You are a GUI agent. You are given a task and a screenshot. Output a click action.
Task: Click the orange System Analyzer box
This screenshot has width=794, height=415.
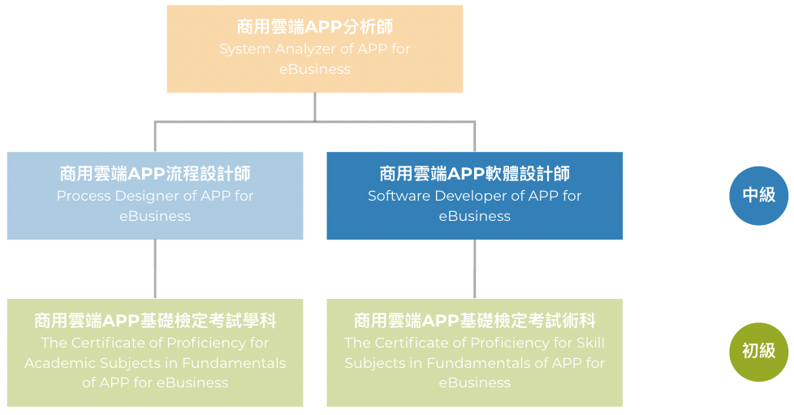314,49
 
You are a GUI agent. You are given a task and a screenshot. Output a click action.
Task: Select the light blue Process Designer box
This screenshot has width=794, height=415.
155,196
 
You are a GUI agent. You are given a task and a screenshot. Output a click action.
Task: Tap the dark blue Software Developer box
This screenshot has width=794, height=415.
474,196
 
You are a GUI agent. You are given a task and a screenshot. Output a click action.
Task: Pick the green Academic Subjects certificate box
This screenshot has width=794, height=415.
155,352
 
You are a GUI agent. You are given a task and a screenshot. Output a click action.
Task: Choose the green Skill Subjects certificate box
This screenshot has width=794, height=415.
474,352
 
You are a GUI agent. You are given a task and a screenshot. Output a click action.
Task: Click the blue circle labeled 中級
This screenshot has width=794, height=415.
758,196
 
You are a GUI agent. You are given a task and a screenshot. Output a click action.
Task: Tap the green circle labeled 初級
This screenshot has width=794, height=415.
758,352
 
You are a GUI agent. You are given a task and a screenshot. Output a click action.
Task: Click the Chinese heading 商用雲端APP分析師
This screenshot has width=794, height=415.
314,27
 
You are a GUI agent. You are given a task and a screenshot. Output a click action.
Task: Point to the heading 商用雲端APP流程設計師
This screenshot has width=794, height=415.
155,174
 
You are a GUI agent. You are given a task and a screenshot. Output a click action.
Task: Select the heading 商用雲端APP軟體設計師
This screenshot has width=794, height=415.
474,174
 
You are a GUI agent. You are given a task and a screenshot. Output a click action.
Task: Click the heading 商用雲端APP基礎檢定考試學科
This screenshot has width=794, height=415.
155,321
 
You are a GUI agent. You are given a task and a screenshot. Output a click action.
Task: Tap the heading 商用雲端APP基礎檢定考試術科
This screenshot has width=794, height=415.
474,321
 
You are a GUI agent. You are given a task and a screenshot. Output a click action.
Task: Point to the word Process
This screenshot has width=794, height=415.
84,196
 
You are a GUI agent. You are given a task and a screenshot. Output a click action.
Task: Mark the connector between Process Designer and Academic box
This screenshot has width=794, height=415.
155,269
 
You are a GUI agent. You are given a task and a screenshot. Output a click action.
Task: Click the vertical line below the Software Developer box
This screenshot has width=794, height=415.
474,269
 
